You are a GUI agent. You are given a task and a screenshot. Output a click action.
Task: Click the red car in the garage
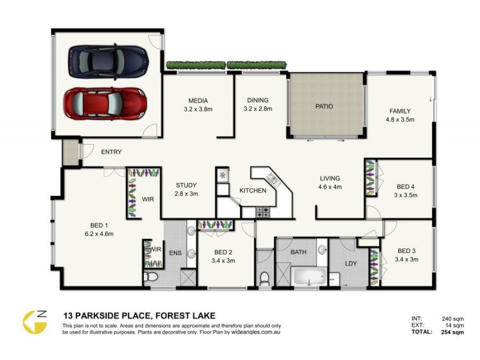pos(106,103)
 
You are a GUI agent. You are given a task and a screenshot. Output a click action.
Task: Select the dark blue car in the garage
pos(109,60)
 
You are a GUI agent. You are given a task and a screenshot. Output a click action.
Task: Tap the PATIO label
pos(324,107)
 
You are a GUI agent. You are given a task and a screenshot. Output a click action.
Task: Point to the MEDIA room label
pos(198,101)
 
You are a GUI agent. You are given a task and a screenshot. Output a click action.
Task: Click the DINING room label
pos(258,101)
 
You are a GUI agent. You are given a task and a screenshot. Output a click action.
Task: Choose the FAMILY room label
pos(400,111)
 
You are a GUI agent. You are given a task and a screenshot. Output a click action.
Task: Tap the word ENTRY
pos(111,152)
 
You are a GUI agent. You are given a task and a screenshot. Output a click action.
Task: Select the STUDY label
pos(186,185)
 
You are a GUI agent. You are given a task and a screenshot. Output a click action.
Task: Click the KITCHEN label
pos(253,190)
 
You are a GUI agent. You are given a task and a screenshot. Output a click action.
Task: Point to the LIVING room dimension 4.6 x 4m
pos(329,187)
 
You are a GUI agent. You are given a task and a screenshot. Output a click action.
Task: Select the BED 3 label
pos(407,251)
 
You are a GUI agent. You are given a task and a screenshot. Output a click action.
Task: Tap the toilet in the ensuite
pos(151,277)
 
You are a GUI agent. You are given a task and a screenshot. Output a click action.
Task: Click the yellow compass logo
pos(35,322)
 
